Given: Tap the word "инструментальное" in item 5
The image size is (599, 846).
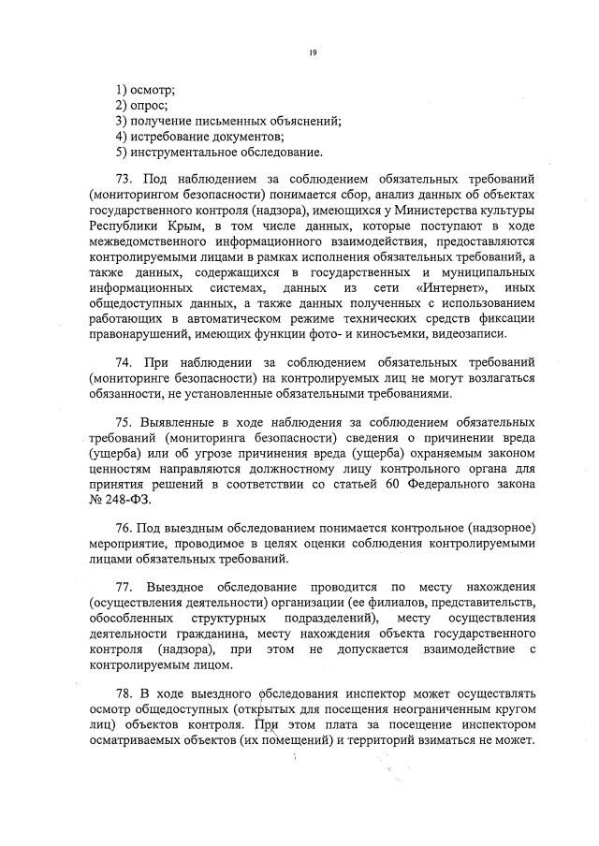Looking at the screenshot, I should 183,152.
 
